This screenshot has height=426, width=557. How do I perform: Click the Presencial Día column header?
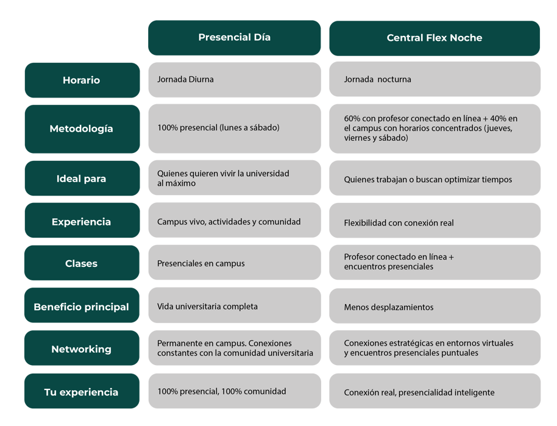click(235, 38)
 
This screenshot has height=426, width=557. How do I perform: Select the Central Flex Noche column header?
click(435, 38)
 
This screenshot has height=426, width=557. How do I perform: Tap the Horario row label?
click(82, 80)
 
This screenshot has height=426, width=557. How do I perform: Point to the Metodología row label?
click(82, 129)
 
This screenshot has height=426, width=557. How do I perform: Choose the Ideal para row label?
click(82, 179)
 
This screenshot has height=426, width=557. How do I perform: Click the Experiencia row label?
click(82, 220)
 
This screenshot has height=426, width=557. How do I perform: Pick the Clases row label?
click(82, 263)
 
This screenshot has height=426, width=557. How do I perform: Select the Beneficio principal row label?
click(82, 305)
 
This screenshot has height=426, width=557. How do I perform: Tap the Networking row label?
click(82, 348)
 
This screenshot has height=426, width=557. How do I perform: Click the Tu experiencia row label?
click(82, 391)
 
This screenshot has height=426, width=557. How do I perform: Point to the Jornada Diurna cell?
click(235, 80)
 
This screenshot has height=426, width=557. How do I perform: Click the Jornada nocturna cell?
click(435, 79)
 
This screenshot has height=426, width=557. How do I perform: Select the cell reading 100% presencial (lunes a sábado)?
click(235, 129)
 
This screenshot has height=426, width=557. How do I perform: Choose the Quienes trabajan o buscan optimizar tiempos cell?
click(435, 178)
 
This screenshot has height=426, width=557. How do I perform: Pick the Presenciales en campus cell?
click(235, 262)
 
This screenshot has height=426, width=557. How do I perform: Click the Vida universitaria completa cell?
click(235, 305)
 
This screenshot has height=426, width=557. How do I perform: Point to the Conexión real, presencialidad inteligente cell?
click(435, 391)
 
